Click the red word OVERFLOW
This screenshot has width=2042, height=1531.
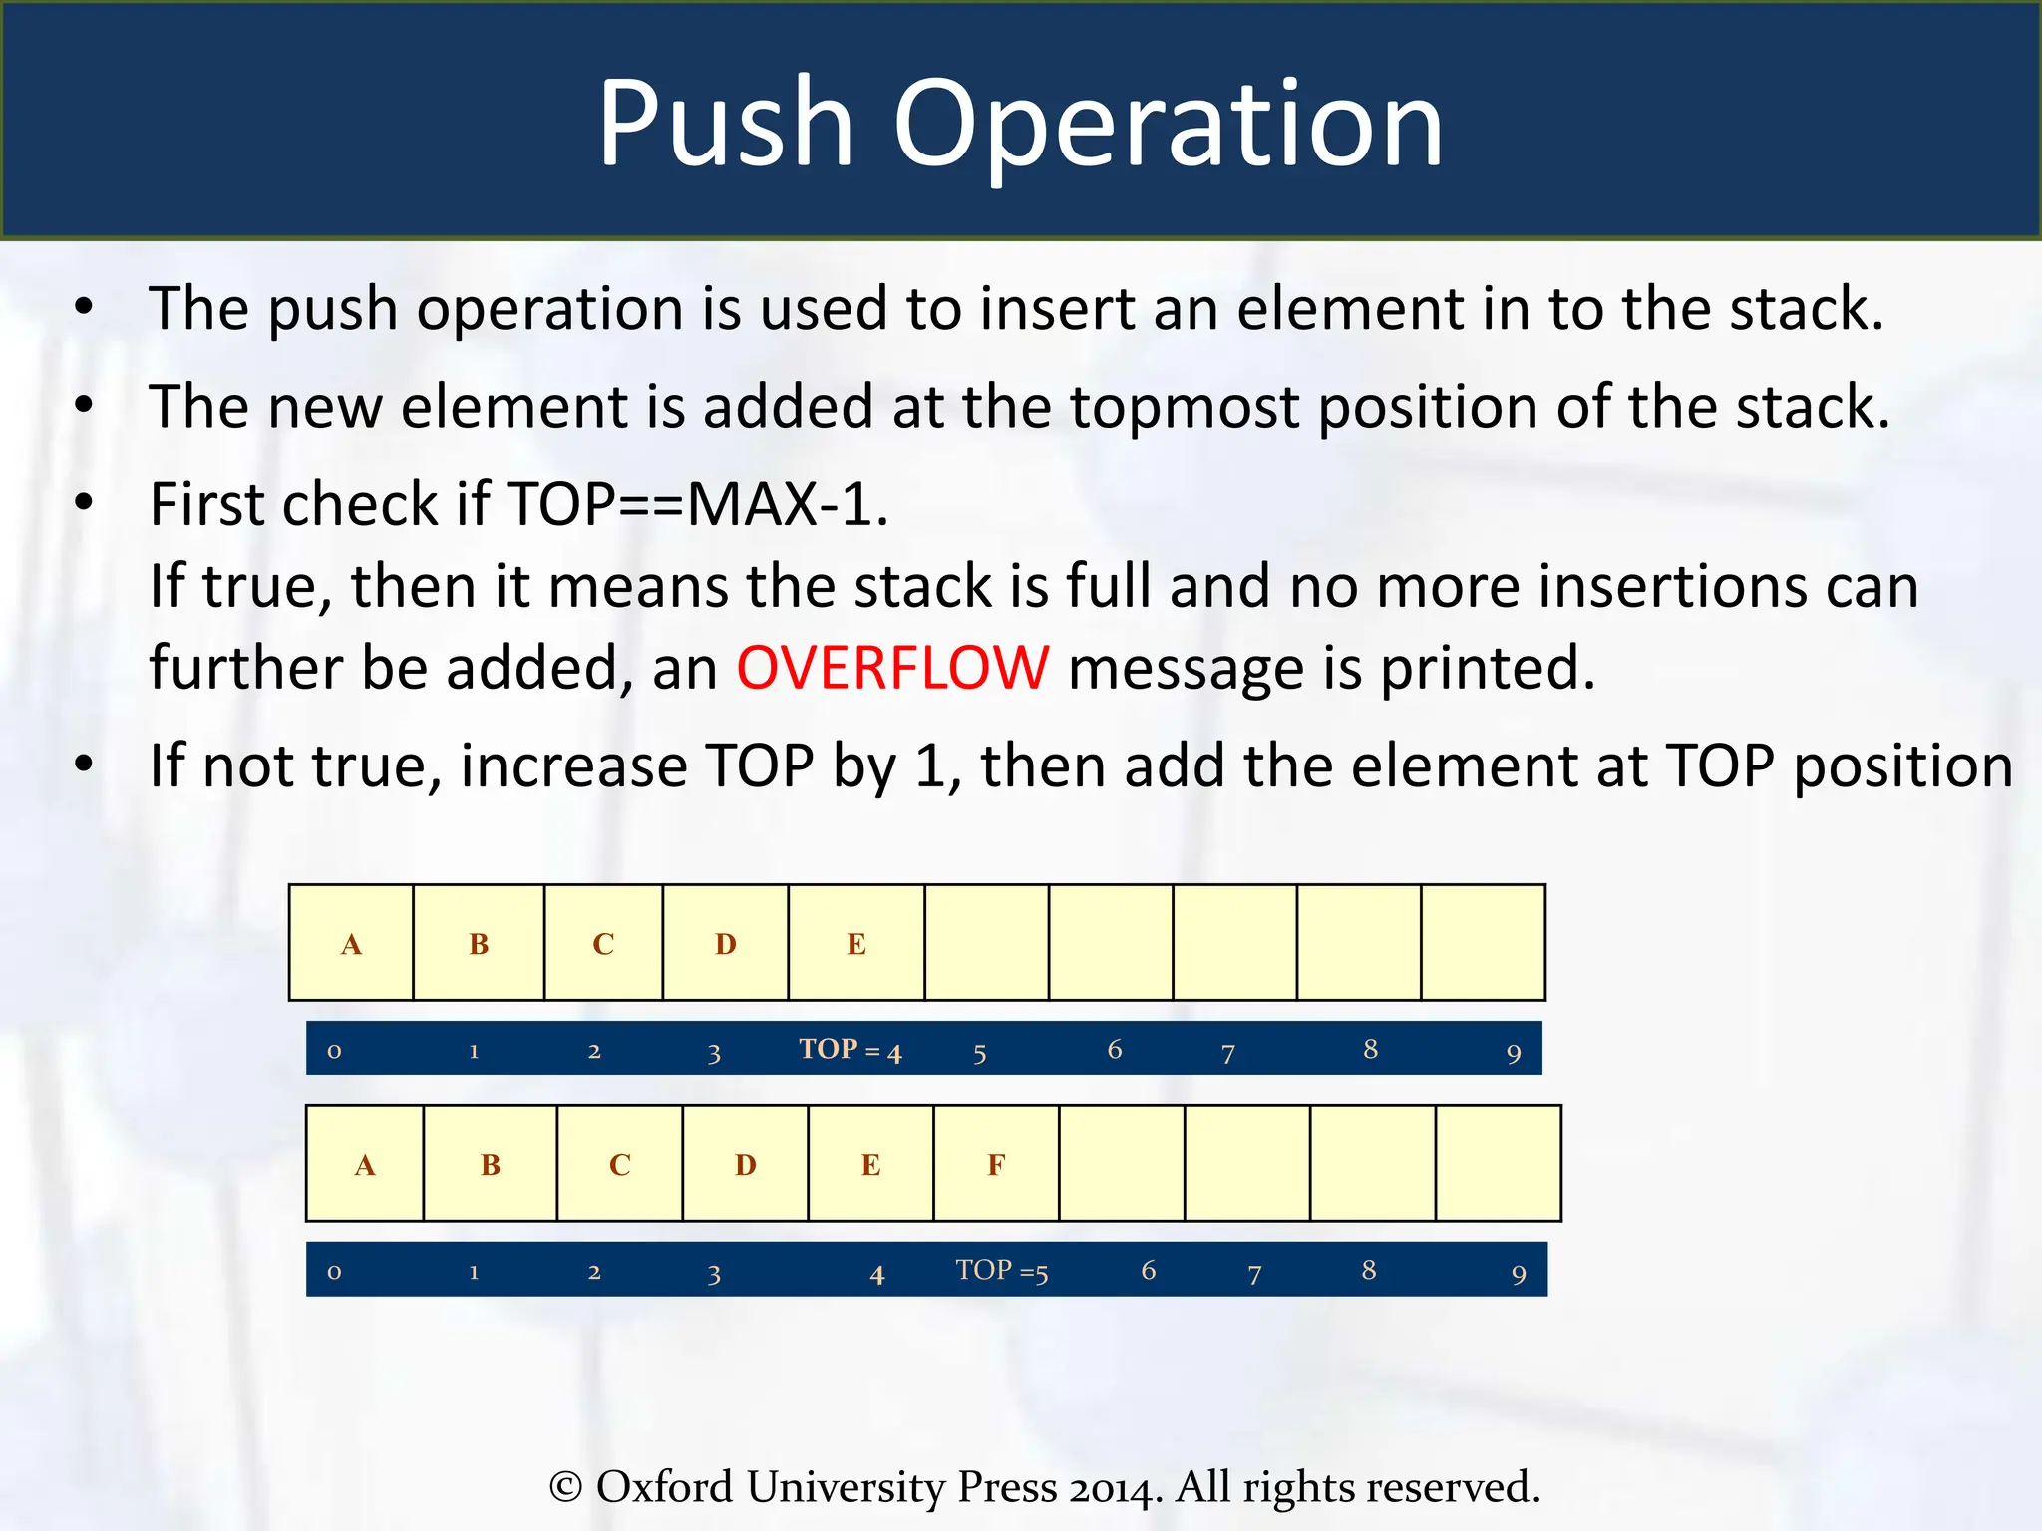892,667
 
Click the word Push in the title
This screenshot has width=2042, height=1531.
725,124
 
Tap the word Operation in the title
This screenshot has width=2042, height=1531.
1168,124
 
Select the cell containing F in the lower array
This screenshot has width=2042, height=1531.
996,1163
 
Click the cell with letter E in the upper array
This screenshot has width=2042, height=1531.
856,942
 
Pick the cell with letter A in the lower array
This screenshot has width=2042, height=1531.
365,1163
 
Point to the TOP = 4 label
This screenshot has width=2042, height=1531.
850,1050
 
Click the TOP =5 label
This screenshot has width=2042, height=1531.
1001,1271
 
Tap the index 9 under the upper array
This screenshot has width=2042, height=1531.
1514,1053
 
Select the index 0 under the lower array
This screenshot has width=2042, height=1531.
334,1272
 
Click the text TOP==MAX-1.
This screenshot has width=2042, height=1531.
697,504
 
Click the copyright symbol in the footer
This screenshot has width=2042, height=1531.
566,1487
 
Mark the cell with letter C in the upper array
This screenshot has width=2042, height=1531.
603,942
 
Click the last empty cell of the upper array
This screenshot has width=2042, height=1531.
1483,942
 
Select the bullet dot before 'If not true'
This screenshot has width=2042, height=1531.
84,765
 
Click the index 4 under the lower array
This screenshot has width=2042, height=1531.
876,1274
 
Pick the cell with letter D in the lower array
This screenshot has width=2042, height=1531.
745,1163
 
